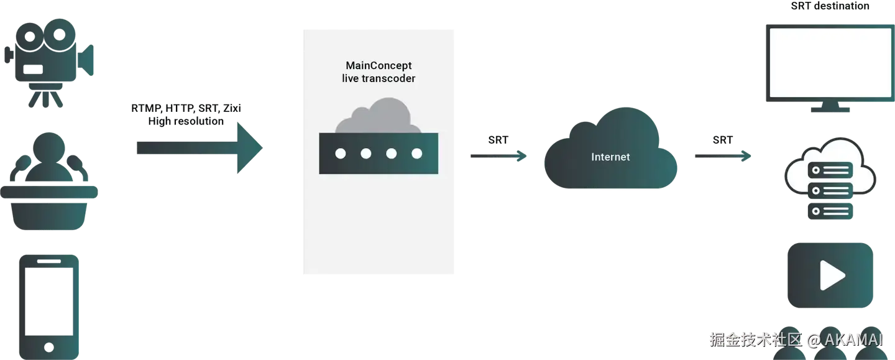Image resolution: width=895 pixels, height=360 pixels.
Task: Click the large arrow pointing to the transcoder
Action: point(199,148)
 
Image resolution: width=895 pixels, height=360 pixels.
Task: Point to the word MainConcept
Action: point(379,65)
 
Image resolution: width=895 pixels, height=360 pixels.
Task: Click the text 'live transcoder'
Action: point(379,79)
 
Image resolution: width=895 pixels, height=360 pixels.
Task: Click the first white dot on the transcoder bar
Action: point(341,154)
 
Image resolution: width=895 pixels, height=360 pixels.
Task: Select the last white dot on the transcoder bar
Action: point(416,154)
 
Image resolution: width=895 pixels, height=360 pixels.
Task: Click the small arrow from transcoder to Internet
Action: point(498,155)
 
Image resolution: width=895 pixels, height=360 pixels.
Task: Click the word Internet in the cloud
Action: point(610,157)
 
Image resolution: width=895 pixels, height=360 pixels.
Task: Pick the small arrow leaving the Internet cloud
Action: point(722,155)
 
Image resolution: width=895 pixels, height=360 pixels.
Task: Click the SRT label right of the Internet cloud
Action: point(722,140)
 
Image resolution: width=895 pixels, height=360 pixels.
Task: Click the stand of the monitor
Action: point(830,108)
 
